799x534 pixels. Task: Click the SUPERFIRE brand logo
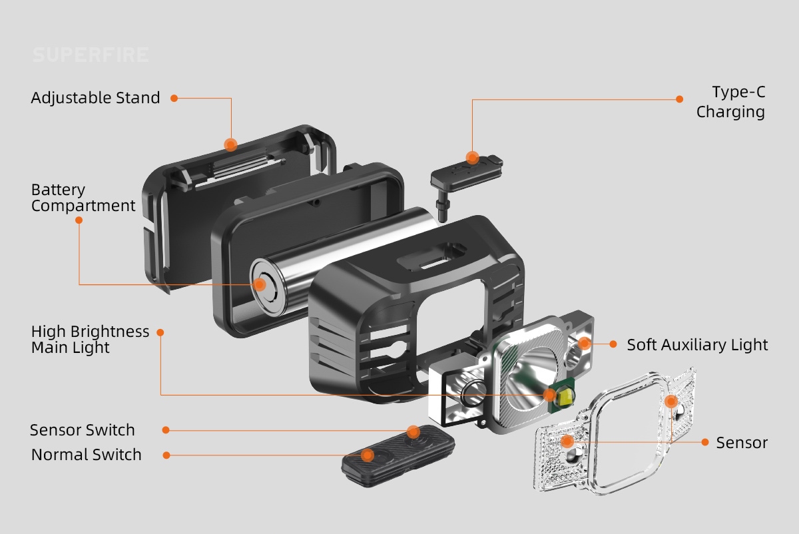click(91, 55)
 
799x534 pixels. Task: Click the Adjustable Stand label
click(95, 98)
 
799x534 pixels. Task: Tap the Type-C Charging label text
click(731, 102)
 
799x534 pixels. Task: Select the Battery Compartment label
click(83, 198)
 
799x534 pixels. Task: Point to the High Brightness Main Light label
click(90, 339)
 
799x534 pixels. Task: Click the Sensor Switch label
click(83, 430)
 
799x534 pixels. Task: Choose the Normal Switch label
click(87, 455)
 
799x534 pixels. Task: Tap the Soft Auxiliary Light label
click(697, 345)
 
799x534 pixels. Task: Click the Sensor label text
click(742, 443)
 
